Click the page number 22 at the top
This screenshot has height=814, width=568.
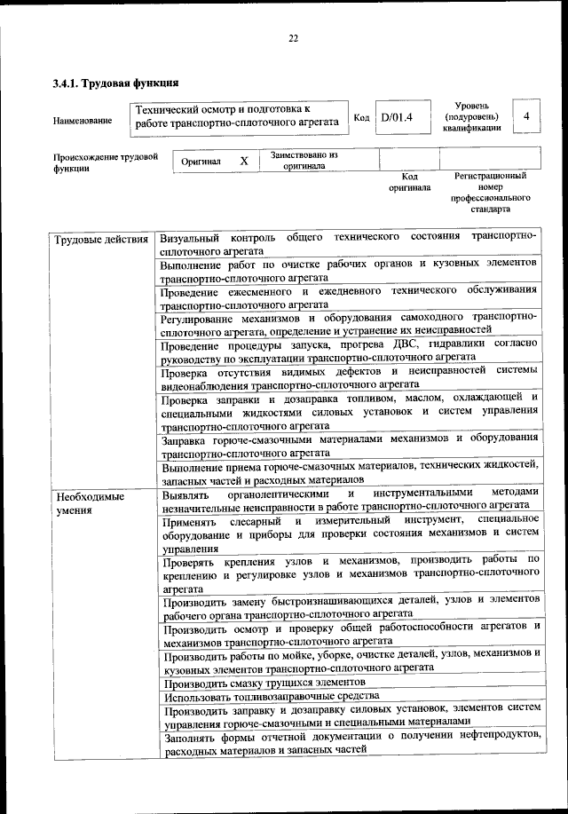click(x=294, y=38)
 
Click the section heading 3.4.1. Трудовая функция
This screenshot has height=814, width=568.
click(x=116, y=83)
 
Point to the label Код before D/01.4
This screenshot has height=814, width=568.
click(x=361, y=117)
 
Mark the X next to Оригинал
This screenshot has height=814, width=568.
click(x=243, y=162)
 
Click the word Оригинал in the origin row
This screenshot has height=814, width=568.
click(x=201, y=162)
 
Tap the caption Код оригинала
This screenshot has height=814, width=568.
click(x=409, y=182)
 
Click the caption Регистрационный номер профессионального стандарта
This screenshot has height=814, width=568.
click(x=491, y=194)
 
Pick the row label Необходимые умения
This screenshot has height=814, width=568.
click(x=90, y=503)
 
